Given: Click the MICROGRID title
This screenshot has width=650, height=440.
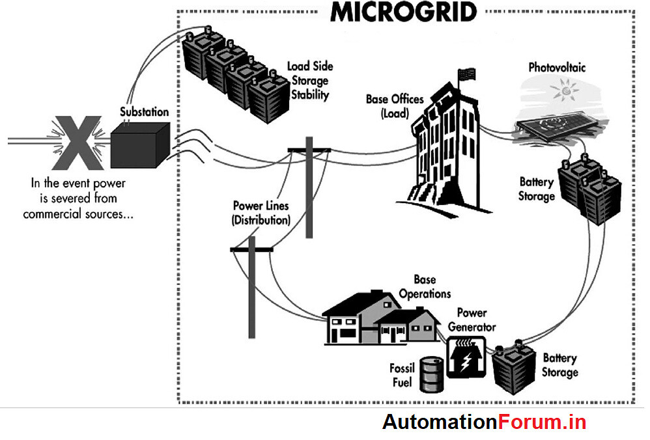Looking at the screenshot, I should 403,11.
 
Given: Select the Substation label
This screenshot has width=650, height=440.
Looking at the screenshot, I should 144,112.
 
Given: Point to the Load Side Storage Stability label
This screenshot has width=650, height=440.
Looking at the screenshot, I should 309,80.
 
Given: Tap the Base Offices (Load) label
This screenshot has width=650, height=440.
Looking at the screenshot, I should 395,106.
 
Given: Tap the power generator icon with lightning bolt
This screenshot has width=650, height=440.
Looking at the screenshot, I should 465,357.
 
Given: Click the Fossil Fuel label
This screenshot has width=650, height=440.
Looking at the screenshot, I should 403,376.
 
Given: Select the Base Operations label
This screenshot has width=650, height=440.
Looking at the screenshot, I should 425,286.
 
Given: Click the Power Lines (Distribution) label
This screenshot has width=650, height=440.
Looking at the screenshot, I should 261,213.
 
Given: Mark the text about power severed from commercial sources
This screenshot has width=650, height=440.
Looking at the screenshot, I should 78,198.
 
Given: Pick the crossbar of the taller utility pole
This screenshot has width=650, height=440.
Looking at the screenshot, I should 309,150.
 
